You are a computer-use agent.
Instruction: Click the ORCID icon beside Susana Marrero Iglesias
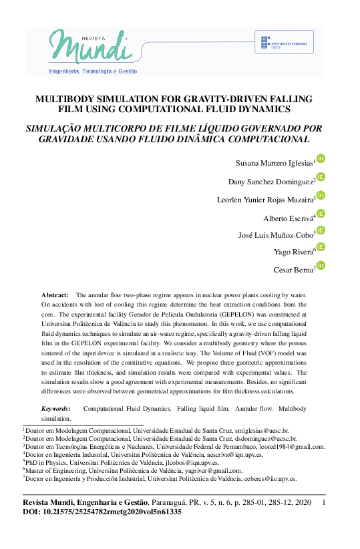(321, 158)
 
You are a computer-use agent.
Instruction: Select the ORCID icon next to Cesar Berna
(321, 266)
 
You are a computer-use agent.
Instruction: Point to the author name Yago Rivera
(293, 252)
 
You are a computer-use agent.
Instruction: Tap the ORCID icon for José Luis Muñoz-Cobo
(321, 230)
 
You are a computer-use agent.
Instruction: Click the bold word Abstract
(55, 295)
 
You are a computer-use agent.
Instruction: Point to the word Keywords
(55, 407)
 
